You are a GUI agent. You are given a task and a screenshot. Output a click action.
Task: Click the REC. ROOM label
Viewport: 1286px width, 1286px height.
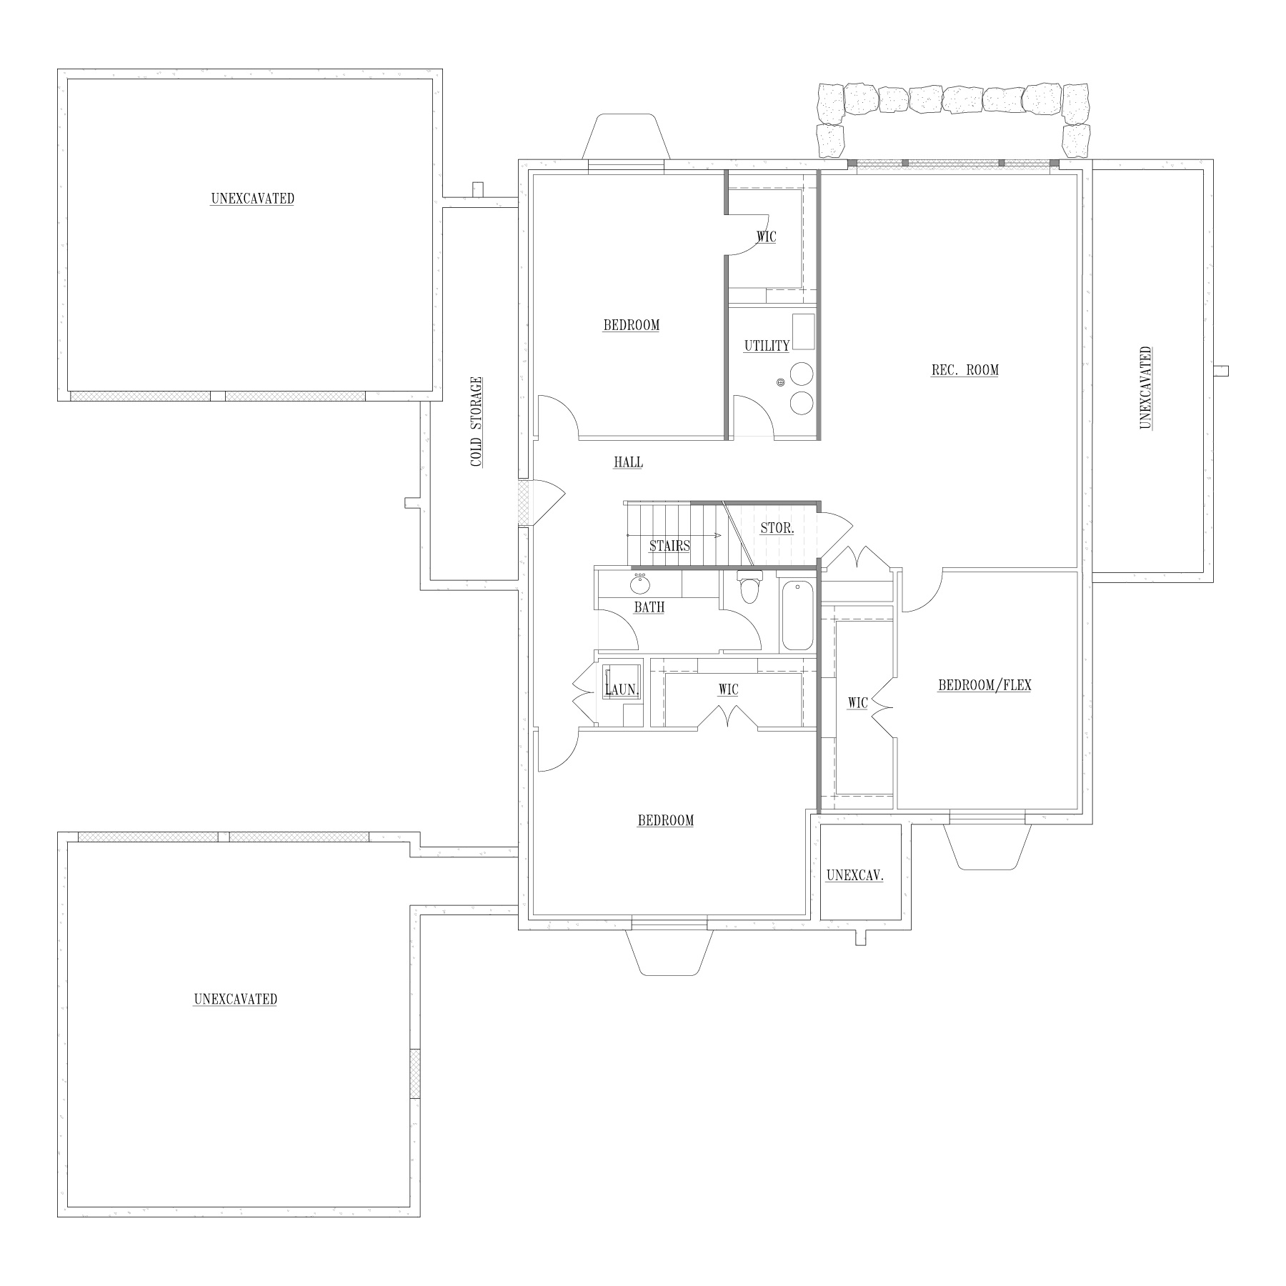964,370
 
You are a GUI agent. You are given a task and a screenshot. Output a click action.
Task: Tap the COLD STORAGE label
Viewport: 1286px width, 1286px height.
477,422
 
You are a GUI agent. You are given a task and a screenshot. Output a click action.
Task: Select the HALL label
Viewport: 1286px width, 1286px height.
628,462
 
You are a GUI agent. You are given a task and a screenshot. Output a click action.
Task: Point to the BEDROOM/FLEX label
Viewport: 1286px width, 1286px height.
985,685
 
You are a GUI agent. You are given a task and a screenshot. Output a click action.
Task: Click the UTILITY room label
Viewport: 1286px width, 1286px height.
767,346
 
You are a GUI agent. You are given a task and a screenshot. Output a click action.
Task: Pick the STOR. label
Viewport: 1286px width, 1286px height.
777,529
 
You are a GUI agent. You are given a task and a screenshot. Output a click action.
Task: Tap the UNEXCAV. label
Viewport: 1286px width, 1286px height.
854,875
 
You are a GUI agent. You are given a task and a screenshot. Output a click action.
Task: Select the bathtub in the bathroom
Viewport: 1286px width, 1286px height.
797,616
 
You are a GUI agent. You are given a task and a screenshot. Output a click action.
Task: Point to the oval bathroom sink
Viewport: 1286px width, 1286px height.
639,585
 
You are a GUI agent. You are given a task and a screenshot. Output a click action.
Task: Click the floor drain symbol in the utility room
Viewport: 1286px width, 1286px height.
781,383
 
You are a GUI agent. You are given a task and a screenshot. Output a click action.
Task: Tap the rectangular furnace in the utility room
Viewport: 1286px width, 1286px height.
803,331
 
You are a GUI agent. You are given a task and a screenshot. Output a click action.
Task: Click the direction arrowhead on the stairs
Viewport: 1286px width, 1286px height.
717,534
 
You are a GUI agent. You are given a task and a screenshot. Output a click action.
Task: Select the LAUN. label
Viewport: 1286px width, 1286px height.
620,690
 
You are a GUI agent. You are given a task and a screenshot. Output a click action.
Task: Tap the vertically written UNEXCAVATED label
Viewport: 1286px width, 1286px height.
1145,388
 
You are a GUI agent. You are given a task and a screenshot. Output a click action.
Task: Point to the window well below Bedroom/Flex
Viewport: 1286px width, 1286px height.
987,847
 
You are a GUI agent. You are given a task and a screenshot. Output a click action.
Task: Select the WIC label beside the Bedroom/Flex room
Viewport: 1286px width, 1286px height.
857,704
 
